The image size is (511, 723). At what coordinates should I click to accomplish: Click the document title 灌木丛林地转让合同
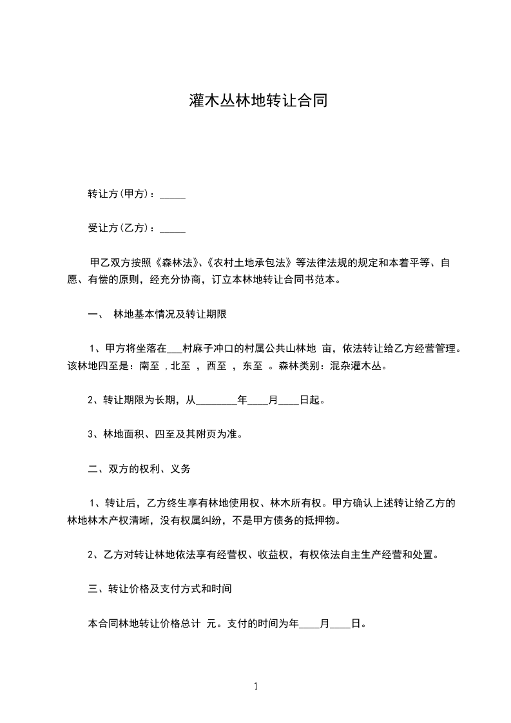point(255,101)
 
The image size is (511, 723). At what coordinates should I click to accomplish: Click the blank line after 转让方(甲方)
point(172,194)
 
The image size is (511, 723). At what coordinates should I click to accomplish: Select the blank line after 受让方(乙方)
point(172,228)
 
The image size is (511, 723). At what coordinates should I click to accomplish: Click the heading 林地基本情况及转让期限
point(169,315)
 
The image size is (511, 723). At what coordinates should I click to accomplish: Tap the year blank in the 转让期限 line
point(215,400)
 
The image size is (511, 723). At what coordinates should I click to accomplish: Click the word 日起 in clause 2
point(310,400)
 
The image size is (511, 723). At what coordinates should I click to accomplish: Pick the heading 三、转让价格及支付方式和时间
point(159,589)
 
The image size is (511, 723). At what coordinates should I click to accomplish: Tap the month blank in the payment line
point(310,623)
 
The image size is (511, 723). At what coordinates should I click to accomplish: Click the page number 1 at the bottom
point(256,686)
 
